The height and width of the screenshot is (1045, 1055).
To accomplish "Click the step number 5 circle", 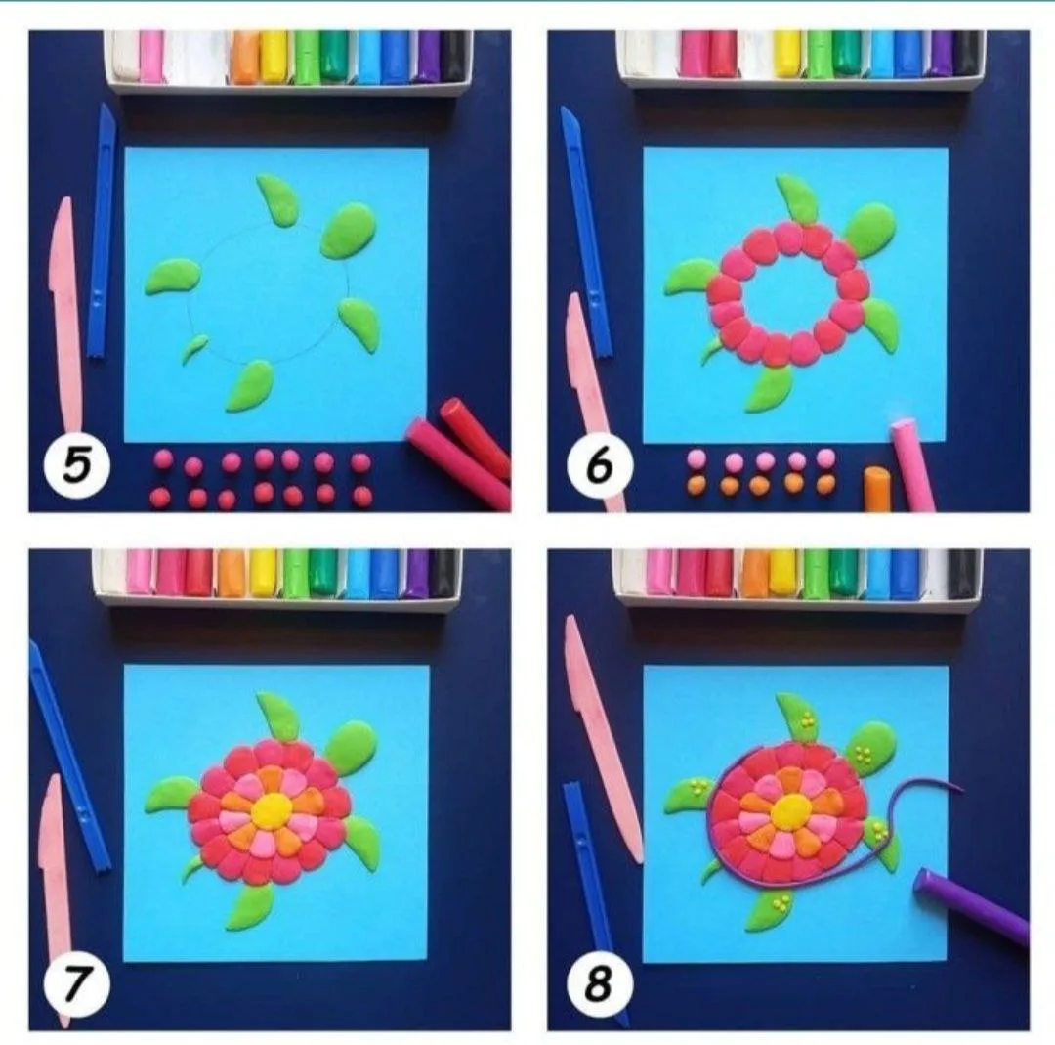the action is click(x=76, y=465).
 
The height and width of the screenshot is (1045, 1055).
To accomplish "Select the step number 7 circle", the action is click(x=75, y=984).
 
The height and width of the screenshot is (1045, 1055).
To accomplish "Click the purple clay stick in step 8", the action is click(x=971, y=905).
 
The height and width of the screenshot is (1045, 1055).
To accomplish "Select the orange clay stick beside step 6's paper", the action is click(x=877, y=489).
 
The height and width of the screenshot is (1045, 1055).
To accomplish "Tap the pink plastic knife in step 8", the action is click(x=602, y=737).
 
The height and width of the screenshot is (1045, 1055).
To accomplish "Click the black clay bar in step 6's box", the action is click(x=967, y=53).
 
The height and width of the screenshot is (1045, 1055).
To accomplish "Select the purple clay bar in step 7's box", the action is click(x=417, y=573).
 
